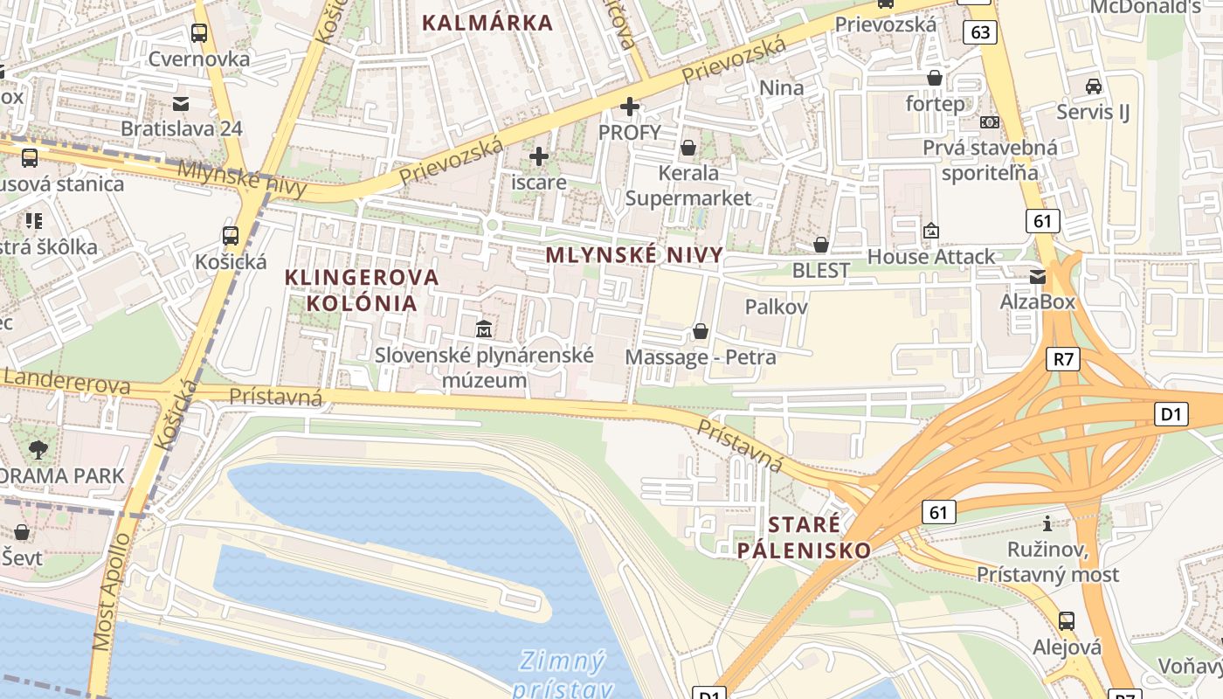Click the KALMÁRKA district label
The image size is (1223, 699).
click(487, 23)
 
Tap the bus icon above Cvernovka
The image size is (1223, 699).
click(199, 33)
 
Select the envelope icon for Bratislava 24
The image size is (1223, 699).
click(181, 103)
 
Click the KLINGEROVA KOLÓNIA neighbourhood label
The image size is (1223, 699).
click(362, 290)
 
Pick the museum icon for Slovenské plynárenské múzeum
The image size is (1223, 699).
click(483, 329)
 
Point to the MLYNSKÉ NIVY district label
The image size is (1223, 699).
click(634, 255)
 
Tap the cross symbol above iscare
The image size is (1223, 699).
click(539, 156)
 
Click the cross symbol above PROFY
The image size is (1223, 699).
click(629, 107)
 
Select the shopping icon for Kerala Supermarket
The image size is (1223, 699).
click(688, 147)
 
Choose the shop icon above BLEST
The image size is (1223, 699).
click(820, 245)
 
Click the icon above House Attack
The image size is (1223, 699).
click(930, 231)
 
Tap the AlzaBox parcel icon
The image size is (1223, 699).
click(1037, 276)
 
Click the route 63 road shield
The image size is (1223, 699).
click(981, 32)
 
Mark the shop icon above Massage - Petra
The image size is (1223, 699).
click(700, 331)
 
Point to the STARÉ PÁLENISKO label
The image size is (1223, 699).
click(804, 536)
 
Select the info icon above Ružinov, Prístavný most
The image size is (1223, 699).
click(1047, 523)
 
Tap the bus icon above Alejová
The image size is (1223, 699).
click(1066, 621)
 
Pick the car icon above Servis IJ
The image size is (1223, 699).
click(1093, 86)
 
